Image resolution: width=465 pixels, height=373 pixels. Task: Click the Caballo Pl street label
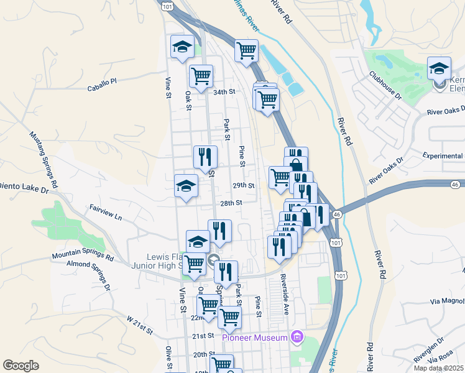point(102,81)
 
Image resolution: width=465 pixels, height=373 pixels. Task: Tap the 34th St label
point(224,92)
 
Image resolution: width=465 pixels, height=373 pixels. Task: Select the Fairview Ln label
point(105,213)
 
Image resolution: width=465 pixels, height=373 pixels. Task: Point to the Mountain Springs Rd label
point(83,256)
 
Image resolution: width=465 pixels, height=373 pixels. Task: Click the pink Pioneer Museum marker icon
point(297,337)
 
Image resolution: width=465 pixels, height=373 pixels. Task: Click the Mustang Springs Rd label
point(43,160)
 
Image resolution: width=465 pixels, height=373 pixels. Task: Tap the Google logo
point(21,366)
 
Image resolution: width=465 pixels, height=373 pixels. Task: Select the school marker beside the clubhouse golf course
point(438,69)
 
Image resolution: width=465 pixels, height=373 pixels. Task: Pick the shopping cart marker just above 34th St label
point(201,77)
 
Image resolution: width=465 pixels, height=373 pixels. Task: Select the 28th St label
point(230,203)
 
